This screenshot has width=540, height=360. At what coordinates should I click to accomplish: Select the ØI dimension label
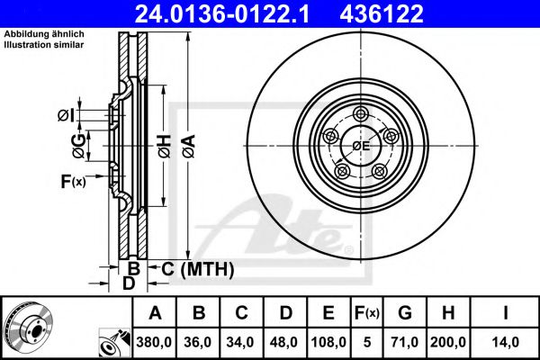(x=65, y=114)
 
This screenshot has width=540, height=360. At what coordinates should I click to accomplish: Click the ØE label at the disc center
(x=362, y=145)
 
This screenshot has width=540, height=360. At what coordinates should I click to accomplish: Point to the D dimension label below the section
(x=129, y=283)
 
